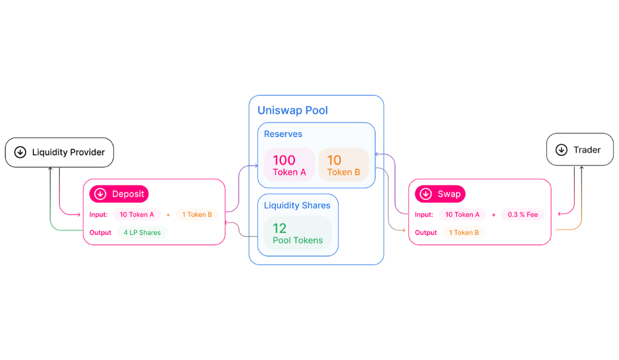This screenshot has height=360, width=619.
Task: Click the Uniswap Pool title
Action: tap(293, 110)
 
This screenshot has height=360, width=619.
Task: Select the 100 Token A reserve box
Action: tap(290, 165)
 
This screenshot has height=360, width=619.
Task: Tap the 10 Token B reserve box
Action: tap(343, 165)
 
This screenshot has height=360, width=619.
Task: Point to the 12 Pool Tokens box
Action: tap(297, 233)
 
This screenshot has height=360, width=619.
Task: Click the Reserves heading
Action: tap(283, 134)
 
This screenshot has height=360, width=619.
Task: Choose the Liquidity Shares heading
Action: tap(297, 205)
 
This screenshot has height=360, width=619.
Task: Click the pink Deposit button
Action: tap(119, 194)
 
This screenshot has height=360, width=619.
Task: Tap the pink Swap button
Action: tap(440, 194)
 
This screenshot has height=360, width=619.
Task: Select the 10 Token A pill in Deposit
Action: tap(137, 215)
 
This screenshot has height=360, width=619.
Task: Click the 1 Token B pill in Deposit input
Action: tap(197, 215)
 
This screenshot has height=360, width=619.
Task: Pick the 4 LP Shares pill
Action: tap(142, 232)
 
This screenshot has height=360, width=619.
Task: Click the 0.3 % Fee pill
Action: tap(523, 215)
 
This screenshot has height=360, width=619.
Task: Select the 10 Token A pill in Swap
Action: tap(462, 215)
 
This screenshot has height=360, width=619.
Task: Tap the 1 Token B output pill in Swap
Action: tap(464, 232)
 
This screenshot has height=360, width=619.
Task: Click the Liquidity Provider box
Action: tap(59, 153)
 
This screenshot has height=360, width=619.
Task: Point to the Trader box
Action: tap(580, 149)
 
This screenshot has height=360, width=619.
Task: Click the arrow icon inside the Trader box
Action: tap(561, 150)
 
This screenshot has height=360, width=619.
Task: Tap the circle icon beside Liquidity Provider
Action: tap(20, 152)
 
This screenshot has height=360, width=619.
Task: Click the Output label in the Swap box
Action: tap(426, 233)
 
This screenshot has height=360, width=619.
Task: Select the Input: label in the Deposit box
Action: tap(98, 215)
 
